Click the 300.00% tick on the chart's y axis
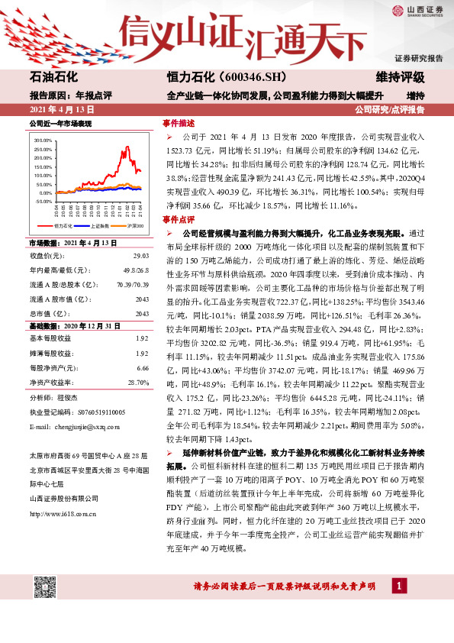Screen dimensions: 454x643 point(43,141)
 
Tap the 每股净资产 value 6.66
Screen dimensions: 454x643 point(142,367)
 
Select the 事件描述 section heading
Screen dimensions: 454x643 point(178,122)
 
